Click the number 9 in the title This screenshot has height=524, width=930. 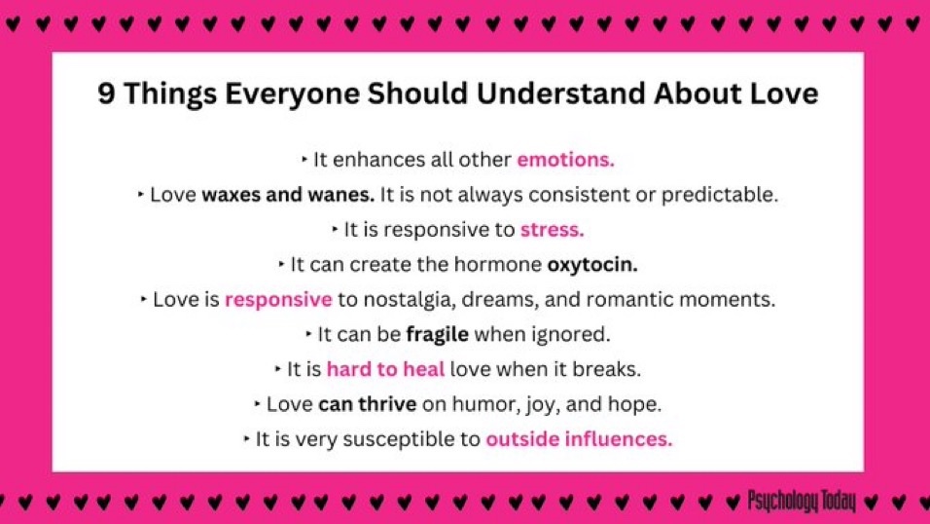(106, 94)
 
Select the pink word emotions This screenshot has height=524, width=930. (565, 159)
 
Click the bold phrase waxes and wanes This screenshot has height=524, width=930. (288, 194)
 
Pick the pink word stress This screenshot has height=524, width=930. (552, 230)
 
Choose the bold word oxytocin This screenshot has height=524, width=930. (592, 264)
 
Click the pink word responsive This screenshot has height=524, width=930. (278, 299)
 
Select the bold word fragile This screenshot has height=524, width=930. (437, 334)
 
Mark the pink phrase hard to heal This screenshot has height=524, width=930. (386, 369)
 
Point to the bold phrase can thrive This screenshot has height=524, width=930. (368, 404)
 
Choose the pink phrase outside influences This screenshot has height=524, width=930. (579, 439)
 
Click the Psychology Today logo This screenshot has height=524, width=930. (802, 502)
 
